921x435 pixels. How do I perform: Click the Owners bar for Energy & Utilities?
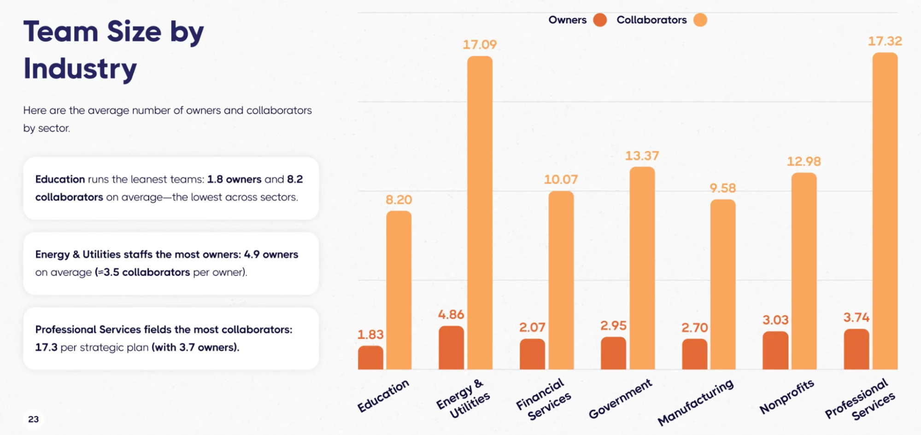(451, 348)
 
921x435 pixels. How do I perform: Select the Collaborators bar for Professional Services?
(885, 212)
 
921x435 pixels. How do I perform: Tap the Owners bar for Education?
(370, 358)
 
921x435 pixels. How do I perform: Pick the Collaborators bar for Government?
(642, 268)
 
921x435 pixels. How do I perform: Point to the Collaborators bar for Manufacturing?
(722, 284)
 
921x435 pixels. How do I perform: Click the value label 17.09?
(480, 45)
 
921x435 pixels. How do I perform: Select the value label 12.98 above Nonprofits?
(804, 162)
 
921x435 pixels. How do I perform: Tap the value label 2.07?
(532, 328)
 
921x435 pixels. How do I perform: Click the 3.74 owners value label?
(856, 318)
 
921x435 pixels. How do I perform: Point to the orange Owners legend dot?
(600, 20)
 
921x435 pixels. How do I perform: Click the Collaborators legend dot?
(700, 20)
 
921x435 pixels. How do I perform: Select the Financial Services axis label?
(544, 399)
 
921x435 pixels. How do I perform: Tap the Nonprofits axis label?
(787, 396)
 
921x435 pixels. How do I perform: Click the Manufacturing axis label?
(696, 402)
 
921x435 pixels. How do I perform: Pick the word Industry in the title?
(80, 69)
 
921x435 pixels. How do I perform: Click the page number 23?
(33, 419)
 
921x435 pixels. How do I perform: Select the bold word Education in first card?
(60, 179)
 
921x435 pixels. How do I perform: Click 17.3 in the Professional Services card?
(46, 348)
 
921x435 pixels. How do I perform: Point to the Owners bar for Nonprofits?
(775, 351)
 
